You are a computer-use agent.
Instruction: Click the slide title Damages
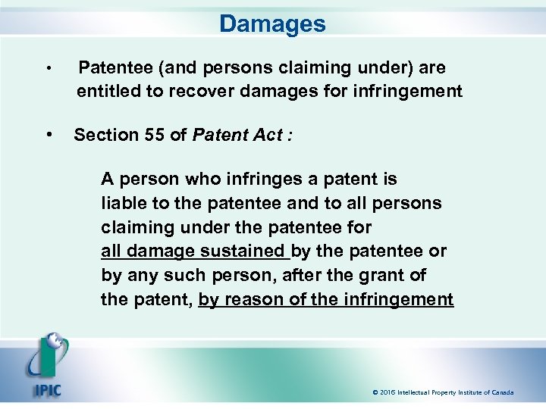pyautogui.click(x=272, y=23)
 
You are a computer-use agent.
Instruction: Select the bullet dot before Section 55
pyautogui.click(x=49, y=135)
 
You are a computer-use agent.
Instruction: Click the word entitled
pyautogui.click(x=105, y=92)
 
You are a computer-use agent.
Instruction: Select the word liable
pyautogui.click(x=121, y=203)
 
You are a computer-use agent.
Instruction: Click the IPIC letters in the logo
pyautogui.click(x=46, y=391)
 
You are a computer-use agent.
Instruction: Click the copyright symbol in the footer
pyautogui.click(x=375, y=392)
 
